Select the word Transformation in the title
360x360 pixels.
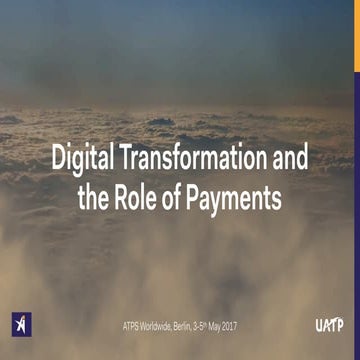point(188,158)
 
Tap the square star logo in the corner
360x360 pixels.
point(20,325)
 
